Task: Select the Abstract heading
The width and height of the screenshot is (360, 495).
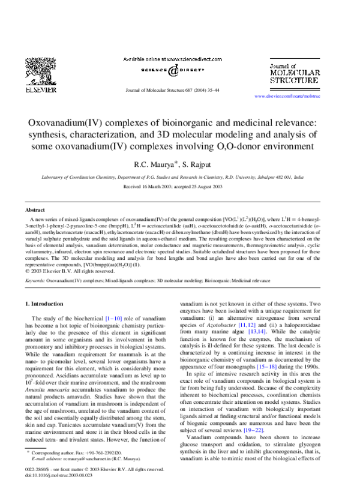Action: [35, 210]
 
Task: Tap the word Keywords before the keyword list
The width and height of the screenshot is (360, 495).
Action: [35, 280]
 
